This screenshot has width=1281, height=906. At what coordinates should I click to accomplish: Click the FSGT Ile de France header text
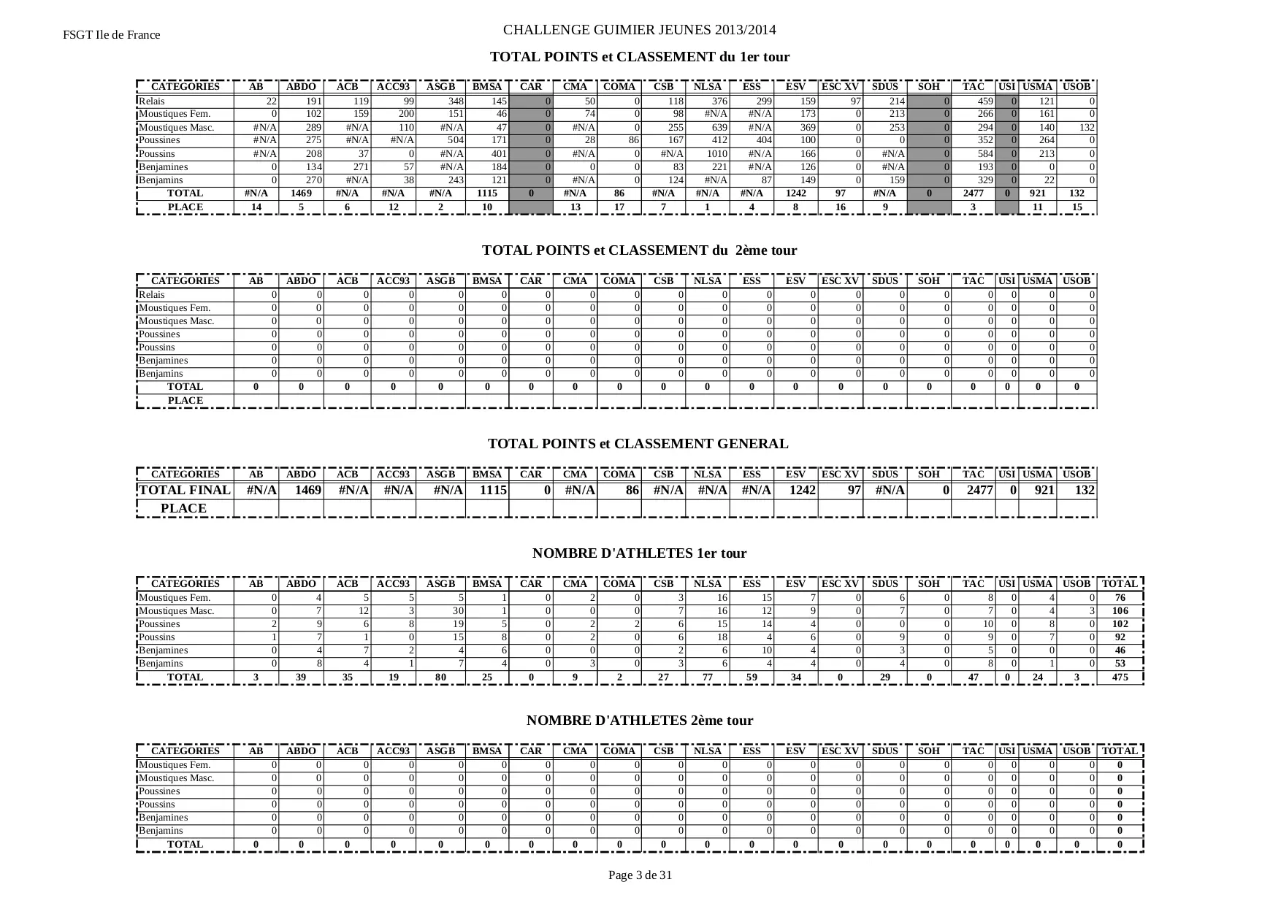coord(111,35)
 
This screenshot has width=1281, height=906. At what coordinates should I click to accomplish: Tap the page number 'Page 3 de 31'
coord(640,875)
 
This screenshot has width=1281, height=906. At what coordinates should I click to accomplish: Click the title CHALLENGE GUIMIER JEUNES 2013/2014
coord(639,30)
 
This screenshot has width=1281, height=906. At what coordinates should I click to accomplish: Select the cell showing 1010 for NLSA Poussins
coord(716,154)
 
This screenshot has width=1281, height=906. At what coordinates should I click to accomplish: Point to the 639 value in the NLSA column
coord(719,128)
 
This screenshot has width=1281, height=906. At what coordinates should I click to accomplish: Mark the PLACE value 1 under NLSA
coord(707,207)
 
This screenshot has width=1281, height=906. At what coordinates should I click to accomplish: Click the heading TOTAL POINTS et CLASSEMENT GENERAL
coord(638,444)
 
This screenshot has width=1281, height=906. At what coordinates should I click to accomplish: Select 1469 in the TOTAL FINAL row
coord(307,491)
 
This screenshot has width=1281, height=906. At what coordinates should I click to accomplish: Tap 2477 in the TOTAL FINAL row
coord(979,491)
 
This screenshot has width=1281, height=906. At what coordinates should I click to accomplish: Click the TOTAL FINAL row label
coord(185,491)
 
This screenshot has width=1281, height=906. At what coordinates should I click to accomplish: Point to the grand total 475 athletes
coord(1120,677)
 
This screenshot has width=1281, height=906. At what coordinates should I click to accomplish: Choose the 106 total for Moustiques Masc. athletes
coord(1120,611)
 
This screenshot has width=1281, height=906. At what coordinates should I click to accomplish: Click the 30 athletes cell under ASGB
coord(458,611)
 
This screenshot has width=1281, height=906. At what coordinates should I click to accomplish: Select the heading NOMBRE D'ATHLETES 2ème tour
coord(639,721)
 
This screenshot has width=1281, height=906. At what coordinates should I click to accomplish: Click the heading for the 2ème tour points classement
coord(639,250)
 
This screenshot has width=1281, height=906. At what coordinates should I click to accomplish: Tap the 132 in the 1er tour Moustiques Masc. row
coord(1086,128)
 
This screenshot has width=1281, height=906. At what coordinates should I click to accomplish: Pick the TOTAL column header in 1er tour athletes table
coord(1120,584)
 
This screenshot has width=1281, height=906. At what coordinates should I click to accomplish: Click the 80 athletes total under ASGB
coord(440,677)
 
